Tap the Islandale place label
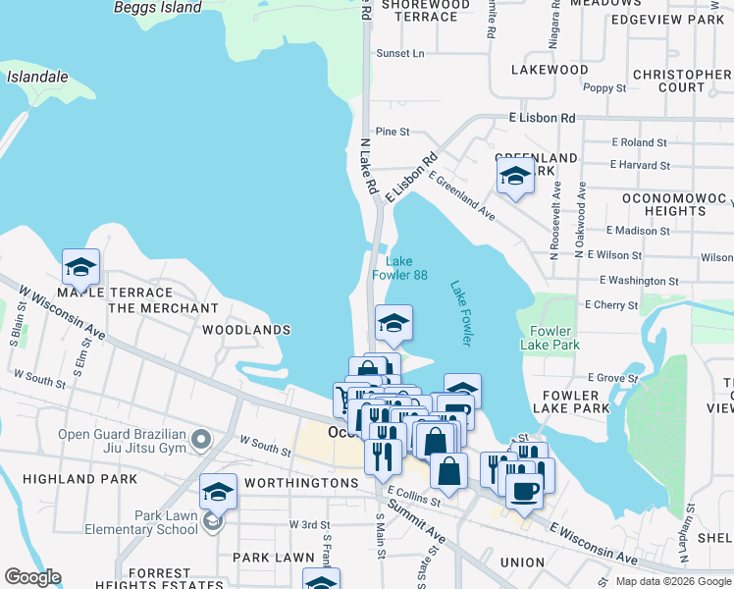pyautogui.click(x=37, y=76)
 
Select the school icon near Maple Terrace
pyautogui.click(x=81, y=266)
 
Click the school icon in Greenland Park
pyautogui.click(x=515, y=178)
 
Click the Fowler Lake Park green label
pyautogui.click(x=556, y=338)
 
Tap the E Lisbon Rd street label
pyautogui.click(x=542, y=118)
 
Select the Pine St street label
pyautogui.click(x=392, y=132)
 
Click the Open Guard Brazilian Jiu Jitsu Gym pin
pyautogui.click(x=202, y=439)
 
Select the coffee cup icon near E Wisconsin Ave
pyautogui.click(x=525, y=491)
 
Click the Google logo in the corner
pyautogui.click(x=32, y=576)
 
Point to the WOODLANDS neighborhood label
pyautogui.click(x=246, y=331)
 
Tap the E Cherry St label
pyautogui.click(x=610, y=305)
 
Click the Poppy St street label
pyautogui.click(x=604, y=88)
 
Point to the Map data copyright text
pyautogui.click(x=673, y=581)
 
